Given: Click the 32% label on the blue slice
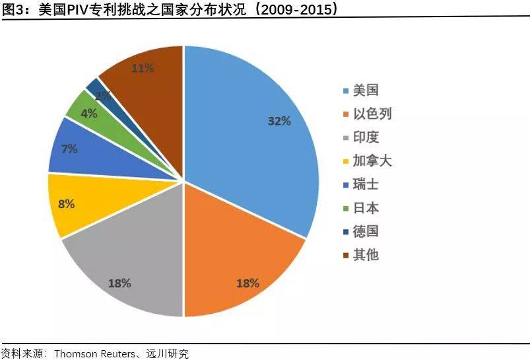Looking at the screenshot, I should click(279, 121).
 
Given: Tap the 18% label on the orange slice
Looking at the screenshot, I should click(248, 283).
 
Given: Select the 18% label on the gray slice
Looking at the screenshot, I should click(119, 283).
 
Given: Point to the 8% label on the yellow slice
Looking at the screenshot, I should click(66, 204).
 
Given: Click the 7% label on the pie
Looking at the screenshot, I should click(69, 149).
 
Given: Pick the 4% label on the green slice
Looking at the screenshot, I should click(88, 113).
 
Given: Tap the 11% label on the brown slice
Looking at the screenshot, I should click(143, 67).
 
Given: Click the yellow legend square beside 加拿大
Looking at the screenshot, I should click(345, 161).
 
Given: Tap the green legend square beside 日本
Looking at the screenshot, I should click(345, 208).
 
